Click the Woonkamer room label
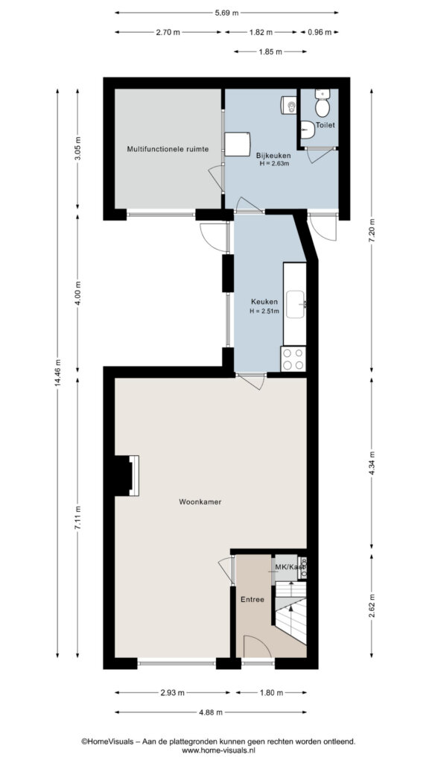coord(200,501)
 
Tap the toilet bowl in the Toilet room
coord(322,104)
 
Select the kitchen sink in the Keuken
coord(295,304)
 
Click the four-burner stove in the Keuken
coord(293,358)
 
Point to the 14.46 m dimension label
coord(58,373)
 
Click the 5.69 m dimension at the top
coord(226,13)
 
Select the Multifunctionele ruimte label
coord(168,149)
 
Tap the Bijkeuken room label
coord(273,156)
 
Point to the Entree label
coord(252,600)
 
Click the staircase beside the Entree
coord(291,613)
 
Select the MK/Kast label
coord(290,567)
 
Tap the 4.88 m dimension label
coord(210,712)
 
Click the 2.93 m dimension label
coord(172,692)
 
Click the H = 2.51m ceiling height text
coord(264,311)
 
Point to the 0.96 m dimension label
coord(319,33)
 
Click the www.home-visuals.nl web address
coord(218,751)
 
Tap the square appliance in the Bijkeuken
coord(238,144)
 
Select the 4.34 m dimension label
coord(372,466)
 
